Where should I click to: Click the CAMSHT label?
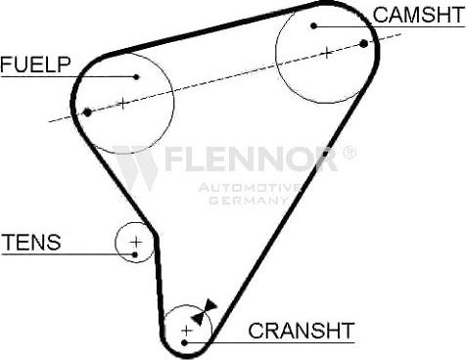pyautogui.click(x=416, y=14)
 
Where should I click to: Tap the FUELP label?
pyautogui.click(x=35, y=65)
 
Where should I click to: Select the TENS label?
pyautogui.click(x=31, y=242)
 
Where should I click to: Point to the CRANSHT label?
pyautogui.click(x=301, y=330)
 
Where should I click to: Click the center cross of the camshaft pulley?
pyautogui.click(x=326, y=52)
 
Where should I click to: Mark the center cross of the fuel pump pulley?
pyautogui.click(x=122, y=102)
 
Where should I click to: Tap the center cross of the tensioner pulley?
pyautogui.click(x=136, y=241)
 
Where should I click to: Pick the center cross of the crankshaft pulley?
pyautogui.click(x=186, y=330)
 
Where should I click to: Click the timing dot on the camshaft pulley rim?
pyautogui.click(x=364, y=43)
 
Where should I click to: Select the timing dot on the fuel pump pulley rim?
pyautogui.click(x=88, y=112)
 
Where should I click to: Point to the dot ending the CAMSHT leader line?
pyautogui.click(x=314, y=25)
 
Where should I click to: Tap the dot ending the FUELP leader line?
pyautogui.click(x=137, y=76)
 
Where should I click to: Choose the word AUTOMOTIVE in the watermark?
pyautogui.click(x=250, y=187)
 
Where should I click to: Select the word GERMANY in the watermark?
pyautogui.click(x=249, y=200)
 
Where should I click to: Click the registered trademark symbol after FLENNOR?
pyautogui.click(x=349, y=153)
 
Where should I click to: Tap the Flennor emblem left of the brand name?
pyautogui.click(x=136, y=166)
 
